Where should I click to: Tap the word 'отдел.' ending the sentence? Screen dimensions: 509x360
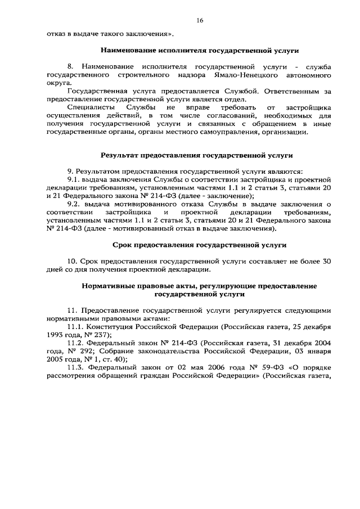point(235,98)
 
